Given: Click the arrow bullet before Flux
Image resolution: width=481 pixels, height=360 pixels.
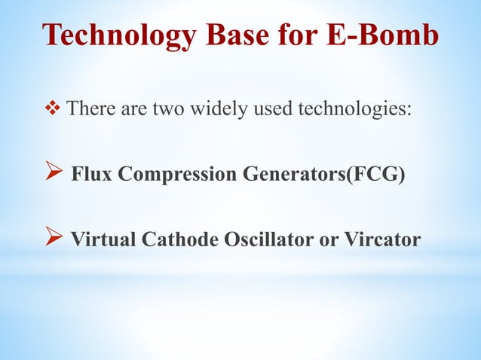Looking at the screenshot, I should tap(57, 175).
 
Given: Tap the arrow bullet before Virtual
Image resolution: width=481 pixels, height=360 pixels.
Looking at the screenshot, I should tap(57, 239).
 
